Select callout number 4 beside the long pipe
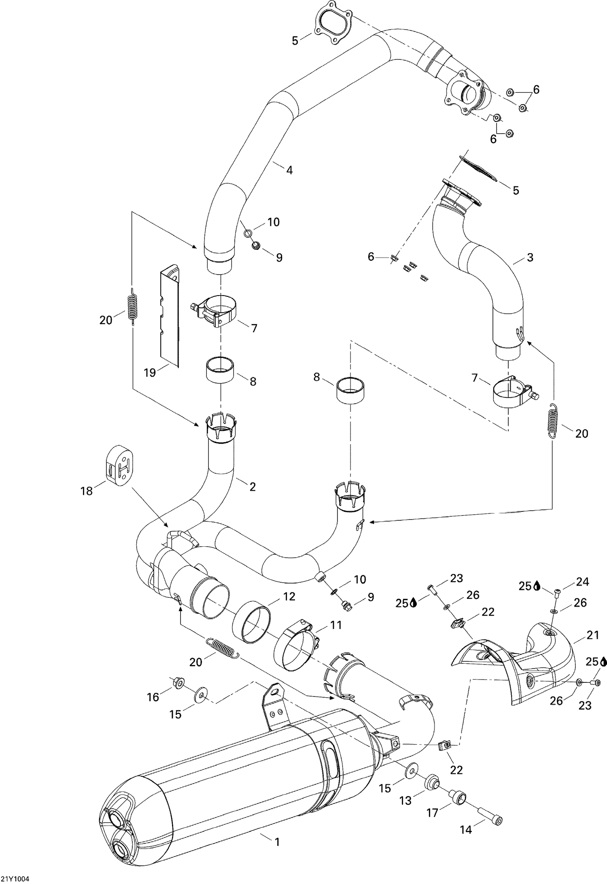tap(289, 170)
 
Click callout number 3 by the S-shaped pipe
tap(530, 257)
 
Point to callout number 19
tap(150, 372)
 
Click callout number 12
tap(289, 596)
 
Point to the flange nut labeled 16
tap(178, 682)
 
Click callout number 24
tap(583, 582)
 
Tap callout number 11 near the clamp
tap(336, 625)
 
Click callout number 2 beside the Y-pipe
tap(253, 487)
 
